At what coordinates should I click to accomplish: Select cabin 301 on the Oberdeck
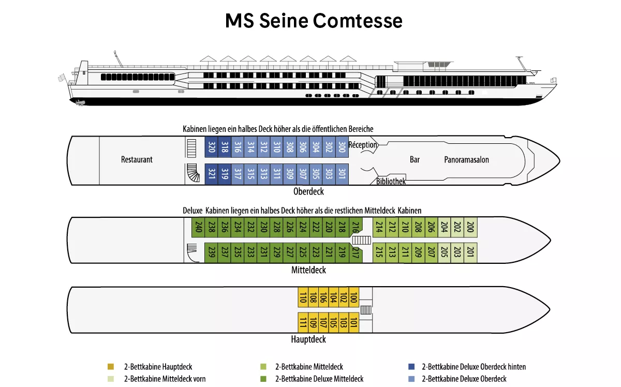[x=342, y=172]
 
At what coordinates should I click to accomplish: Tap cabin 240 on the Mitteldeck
[x=198, y=228]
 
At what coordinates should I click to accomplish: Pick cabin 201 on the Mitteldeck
[x=470, y=252]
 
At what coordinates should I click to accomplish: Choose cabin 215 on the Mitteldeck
[x=379, y=252]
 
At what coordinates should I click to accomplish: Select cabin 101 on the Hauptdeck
[x=353, y=322]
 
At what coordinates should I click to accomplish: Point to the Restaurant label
[x=137, y=159]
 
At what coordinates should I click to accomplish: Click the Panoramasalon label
[x=466, y=160]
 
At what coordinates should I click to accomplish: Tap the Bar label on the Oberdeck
[x=415, y=160]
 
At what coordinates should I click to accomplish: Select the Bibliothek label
[x=391, y=182]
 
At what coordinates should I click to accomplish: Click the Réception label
[x=363, y=145]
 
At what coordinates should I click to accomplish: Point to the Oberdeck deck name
[x=308, y=191]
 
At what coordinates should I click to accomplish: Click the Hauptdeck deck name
[x=308, y=340]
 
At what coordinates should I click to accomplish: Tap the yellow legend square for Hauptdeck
[x=111, y=367]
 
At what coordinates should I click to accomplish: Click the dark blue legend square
[x=411, y=367]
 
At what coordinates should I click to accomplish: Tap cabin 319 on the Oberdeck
[x=224, y=172]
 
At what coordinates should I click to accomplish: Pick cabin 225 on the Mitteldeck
[x=303, y=252]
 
